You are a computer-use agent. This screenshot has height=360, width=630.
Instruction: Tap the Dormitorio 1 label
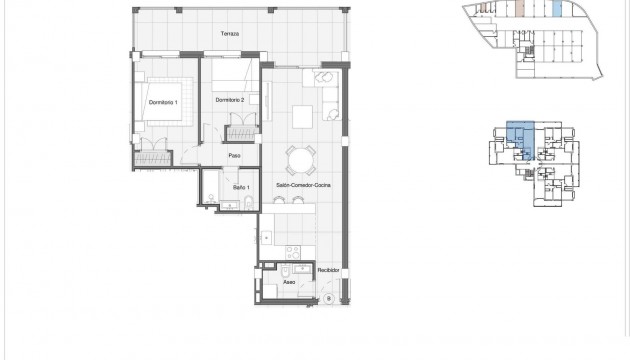[162, 104]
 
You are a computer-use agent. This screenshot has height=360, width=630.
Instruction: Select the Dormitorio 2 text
[231, 100]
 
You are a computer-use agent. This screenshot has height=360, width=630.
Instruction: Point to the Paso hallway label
[234, 155]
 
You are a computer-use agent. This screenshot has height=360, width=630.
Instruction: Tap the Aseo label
[288, 283]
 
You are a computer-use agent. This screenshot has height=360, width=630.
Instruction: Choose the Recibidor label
[329, 270]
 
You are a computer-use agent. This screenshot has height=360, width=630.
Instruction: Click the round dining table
[299, 160]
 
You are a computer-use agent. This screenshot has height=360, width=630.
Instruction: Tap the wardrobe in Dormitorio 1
[154, 156]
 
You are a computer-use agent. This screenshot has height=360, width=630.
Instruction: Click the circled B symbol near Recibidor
[328, 298]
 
